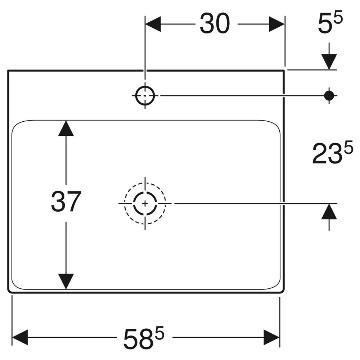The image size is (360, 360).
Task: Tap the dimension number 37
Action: pos(66,202)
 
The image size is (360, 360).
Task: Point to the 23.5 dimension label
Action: pos(333,152)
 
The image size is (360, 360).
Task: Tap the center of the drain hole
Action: pos(145,203)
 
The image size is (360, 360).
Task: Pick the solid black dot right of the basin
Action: pos(329,95)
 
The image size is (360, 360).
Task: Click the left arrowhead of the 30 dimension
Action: pos(153,24)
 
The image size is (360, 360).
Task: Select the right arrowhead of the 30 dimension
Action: pos(277,24)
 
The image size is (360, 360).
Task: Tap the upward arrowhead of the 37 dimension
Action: pos(66,129)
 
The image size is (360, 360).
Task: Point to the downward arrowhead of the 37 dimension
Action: pos(66,282)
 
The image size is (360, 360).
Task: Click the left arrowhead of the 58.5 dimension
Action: pos(20,337)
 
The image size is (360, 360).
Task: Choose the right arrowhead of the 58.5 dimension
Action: pos(271,337)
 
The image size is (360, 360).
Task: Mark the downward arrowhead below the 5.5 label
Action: pos(329,62)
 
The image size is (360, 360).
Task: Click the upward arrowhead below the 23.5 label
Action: pos(329,212)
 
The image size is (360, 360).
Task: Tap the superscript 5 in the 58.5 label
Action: pos(159,333)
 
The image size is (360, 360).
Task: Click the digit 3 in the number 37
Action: pos(58,202)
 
